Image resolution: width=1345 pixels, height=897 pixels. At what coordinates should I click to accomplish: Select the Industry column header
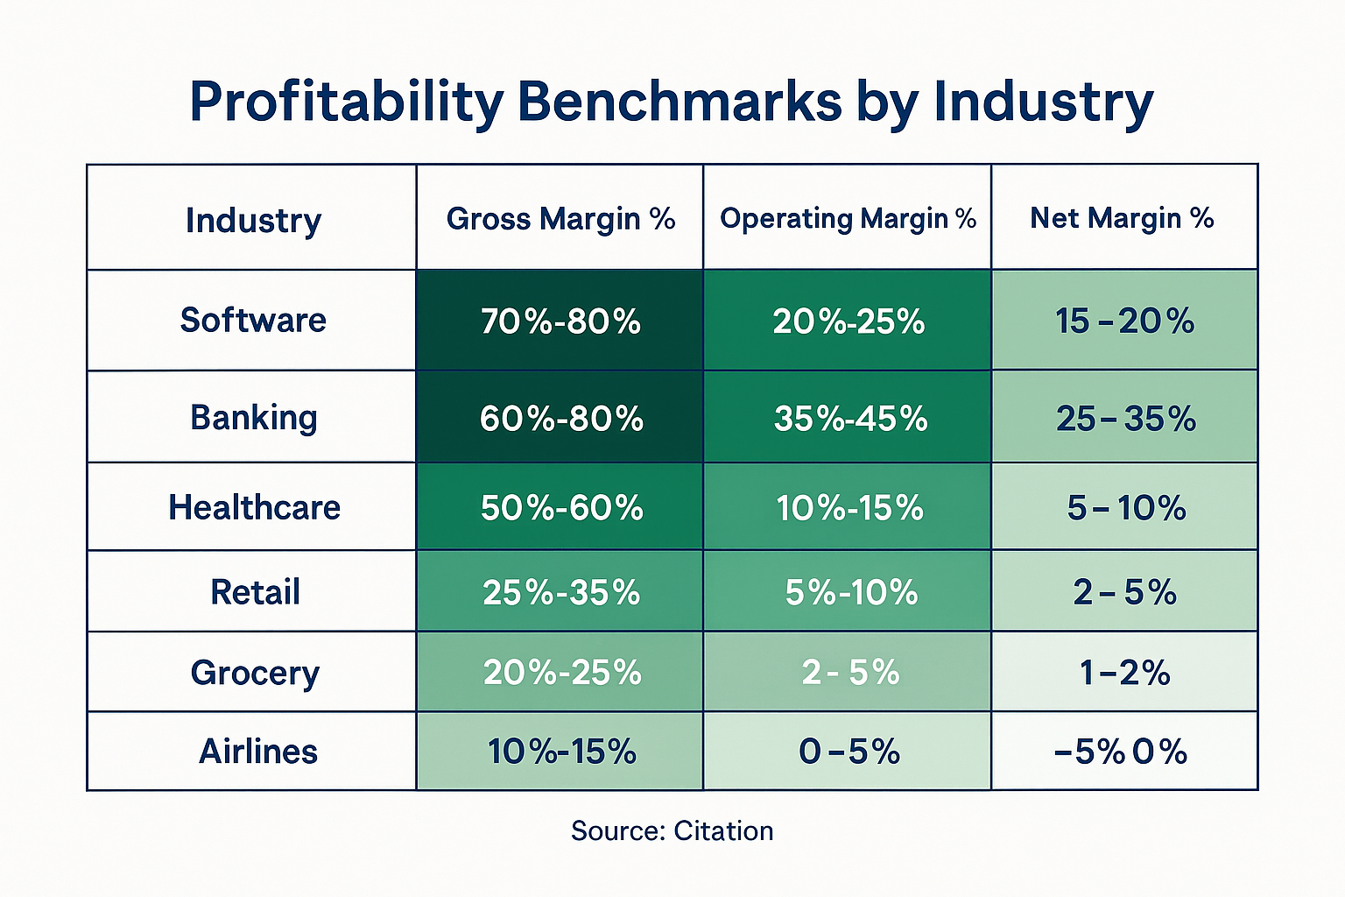coord(253,220)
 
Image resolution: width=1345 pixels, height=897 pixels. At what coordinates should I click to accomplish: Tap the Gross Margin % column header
coord(560,218)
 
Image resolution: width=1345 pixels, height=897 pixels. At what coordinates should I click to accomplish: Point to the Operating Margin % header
coord(848,218)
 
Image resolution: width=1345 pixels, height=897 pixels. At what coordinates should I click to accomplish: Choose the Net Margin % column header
coord(1122,218)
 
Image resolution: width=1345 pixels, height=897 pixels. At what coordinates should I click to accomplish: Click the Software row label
coord(253,320)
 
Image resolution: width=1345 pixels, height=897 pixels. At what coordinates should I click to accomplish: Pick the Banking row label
coord(253,418)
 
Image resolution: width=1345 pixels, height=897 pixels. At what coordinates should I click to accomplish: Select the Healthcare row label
coord(254,507)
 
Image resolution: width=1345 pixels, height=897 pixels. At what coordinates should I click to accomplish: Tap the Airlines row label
coord(257,752)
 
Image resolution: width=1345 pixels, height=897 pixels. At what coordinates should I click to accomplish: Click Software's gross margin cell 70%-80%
coord(560,321)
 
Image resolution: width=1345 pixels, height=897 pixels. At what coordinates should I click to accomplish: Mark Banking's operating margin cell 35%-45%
coord(850,419)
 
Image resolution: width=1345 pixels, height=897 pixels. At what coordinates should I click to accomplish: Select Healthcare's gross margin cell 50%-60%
coord(561,508)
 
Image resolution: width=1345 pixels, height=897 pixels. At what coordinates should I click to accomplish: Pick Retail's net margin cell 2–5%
coord(1124,593)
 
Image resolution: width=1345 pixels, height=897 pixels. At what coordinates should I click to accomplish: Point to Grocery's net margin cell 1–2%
coord(1124,673)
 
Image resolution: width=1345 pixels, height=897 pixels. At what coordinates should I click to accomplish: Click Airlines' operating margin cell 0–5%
coord(849,752)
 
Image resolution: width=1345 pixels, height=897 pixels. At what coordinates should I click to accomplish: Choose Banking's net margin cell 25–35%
coord(1125,419)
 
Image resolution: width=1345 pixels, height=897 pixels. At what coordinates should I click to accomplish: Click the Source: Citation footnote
coord(672,830)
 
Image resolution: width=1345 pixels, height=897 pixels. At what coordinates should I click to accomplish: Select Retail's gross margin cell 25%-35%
coord(561,593)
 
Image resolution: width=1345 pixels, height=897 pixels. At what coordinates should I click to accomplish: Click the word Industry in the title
coord(1043,102)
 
